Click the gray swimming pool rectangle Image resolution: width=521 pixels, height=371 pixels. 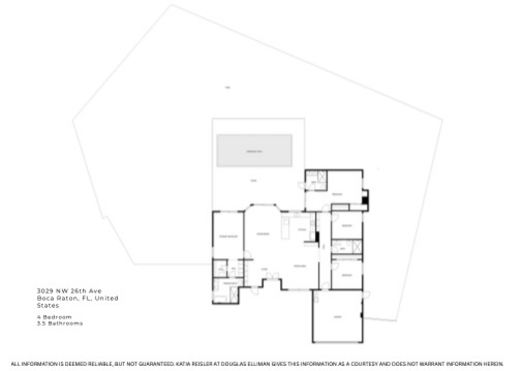pos(254,151)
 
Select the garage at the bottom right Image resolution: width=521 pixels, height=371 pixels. pos(337,316)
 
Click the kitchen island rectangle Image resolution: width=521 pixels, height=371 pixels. pos(286,228)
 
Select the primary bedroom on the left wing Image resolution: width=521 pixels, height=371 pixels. pos(228,236)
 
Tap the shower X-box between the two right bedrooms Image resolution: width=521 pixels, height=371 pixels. pos(357,246)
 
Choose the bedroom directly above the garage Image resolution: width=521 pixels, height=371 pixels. pos(346,274)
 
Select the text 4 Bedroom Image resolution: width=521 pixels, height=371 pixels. pos(54,316)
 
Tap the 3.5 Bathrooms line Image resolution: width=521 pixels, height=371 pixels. pos(59,323)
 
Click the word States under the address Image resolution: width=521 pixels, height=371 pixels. pos(47,305)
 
